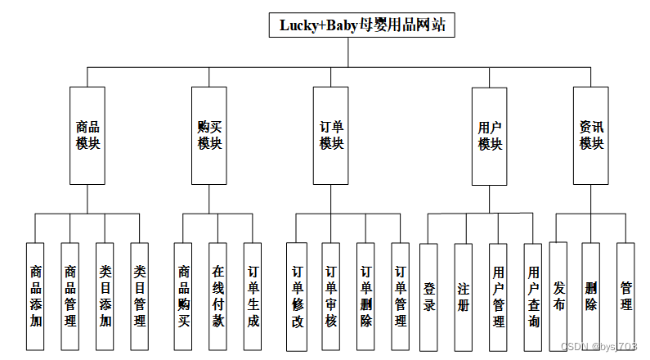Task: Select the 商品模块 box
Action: [87, 136]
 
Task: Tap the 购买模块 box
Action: [209, 136]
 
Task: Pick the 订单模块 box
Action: [331, 136]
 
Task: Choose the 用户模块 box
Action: [490, 136]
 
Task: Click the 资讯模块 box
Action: [591, 136]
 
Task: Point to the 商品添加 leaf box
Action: [36, 295]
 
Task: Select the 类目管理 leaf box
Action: [140, 295]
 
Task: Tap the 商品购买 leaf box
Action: [184, 295]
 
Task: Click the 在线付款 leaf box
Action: [218, 295]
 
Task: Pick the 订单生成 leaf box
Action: [253, 295]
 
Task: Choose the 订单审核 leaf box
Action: [330, 295]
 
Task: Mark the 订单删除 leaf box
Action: [365, 295]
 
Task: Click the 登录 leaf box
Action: [429, 295]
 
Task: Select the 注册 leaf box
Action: [464, 295]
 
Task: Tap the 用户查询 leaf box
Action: [533, 295]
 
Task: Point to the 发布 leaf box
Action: [558, 295]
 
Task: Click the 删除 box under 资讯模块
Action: [591, 295]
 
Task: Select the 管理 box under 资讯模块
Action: [625, 295]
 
